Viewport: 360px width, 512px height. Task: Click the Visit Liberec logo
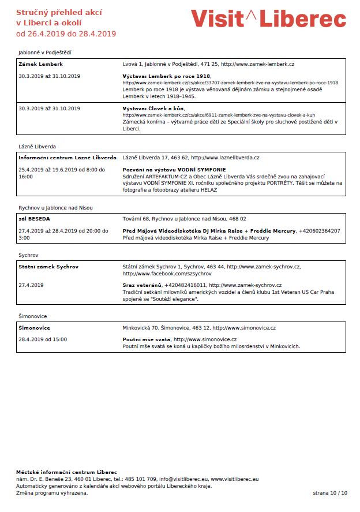tap(268, 18)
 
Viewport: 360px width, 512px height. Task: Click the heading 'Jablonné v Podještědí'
tap(44, 53)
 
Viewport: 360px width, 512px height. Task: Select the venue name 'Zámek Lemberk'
tap(40, 64)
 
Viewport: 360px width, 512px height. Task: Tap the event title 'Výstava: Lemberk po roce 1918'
tap(167, 76)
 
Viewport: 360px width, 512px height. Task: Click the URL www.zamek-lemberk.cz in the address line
tap(258, 64)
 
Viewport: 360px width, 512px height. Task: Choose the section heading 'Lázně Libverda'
tap(37, 147)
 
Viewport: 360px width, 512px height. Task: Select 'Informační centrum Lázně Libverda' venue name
tap(67, 158)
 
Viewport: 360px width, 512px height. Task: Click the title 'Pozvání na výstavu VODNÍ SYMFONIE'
tap(174, 170)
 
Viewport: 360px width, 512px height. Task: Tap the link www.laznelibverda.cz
tap(225, 158)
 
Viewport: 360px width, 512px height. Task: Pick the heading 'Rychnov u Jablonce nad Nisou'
tap(55, 208)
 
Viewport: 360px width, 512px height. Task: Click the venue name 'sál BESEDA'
tap(34, 219)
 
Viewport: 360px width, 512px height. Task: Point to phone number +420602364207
tap(319, 231)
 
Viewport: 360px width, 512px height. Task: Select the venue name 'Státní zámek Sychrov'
tap(48, 267)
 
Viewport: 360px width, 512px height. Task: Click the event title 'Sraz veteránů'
tap(142, 285)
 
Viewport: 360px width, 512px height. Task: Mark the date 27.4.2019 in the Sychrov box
tap(31, 285)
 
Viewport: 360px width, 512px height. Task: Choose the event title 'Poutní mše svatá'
tap(147, 339)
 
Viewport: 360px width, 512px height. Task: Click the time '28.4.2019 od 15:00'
tap(43, 339)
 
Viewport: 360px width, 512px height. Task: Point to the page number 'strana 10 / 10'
tap(330, 493)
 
